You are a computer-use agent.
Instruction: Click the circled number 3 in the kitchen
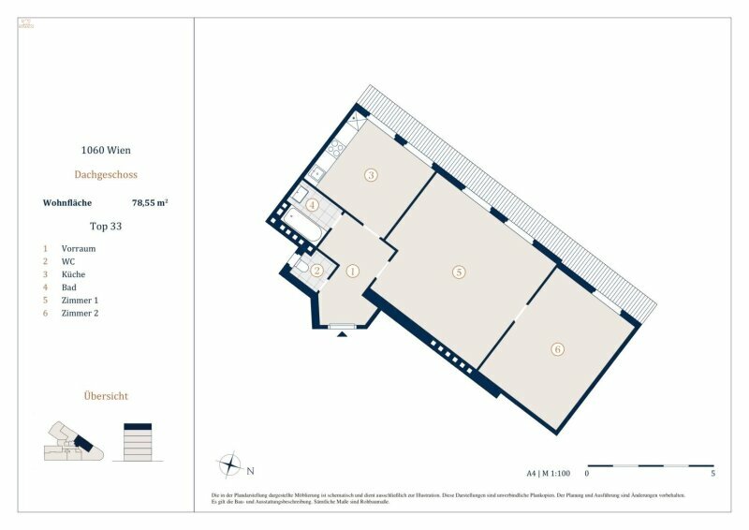[371, 175]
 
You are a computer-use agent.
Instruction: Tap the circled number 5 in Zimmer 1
[458, 272]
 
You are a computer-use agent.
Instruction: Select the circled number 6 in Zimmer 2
[558, 349]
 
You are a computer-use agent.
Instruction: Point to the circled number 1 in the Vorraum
[353, 272]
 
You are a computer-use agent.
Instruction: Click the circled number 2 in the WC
[317, 272]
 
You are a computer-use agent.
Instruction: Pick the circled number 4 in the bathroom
[313, 204]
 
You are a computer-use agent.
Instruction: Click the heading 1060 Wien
[105, 149]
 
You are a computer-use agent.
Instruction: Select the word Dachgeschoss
[105, 174]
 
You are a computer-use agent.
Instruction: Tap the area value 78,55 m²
[149, 201]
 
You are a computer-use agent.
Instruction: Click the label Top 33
[105, 226]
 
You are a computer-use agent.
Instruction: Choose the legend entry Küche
[74, 274]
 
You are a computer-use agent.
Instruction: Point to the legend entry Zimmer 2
[80, 313]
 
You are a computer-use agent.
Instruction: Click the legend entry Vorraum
[79, 248]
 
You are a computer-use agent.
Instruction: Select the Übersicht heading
[105, 396]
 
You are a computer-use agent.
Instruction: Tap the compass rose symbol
[229, 464]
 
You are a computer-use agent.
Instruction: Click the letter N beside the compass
[251, 470]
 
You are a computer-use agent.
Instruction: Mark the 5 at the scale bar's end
[714, 474]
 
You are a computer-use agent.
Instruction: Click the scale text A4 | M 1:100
[548, 474]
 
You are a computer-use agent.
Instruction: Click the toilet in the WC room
[302, 270]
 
